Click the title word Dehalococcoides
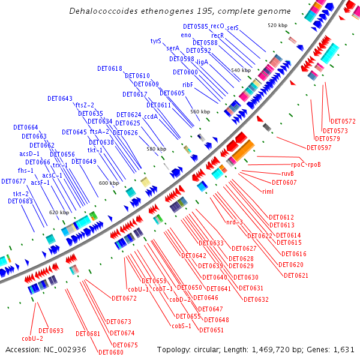[100, 11]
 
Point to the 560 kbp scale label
[200, 112]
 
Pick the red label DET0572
[343, 121]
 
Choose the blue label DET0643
[60, 98]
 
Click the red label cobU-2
[32, 338]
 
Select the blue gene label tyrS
[156, 41]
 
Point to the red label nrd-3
[234, 223]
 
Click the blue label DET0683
[20, 201]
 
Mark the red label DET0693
[51, 331]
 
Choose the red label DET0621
[296, 275]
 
